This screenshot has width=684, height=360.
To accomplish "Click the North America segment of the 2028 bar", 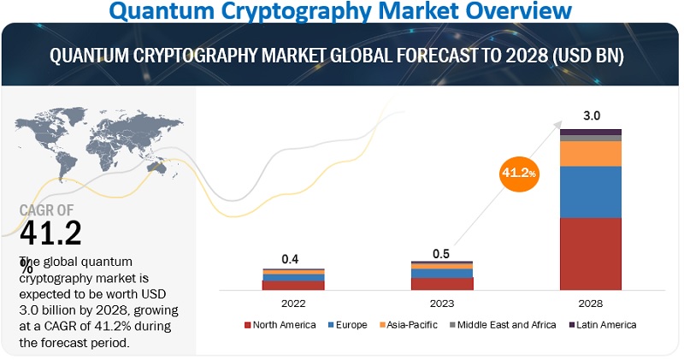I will (590, 253).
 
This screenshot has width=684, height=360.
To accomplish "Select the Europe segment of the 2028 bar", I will (590, 192).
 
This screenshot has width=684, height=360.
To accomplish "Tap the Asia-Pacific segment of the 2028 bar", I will (590, 153).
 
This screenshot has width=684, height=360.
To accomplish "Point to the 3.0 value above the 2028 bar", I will (591, 116).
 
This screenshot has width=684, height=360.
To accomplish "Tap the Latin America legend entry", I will (603, 325).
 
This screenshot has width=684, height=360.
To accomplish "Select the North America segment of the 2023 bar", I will (441, 284).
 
